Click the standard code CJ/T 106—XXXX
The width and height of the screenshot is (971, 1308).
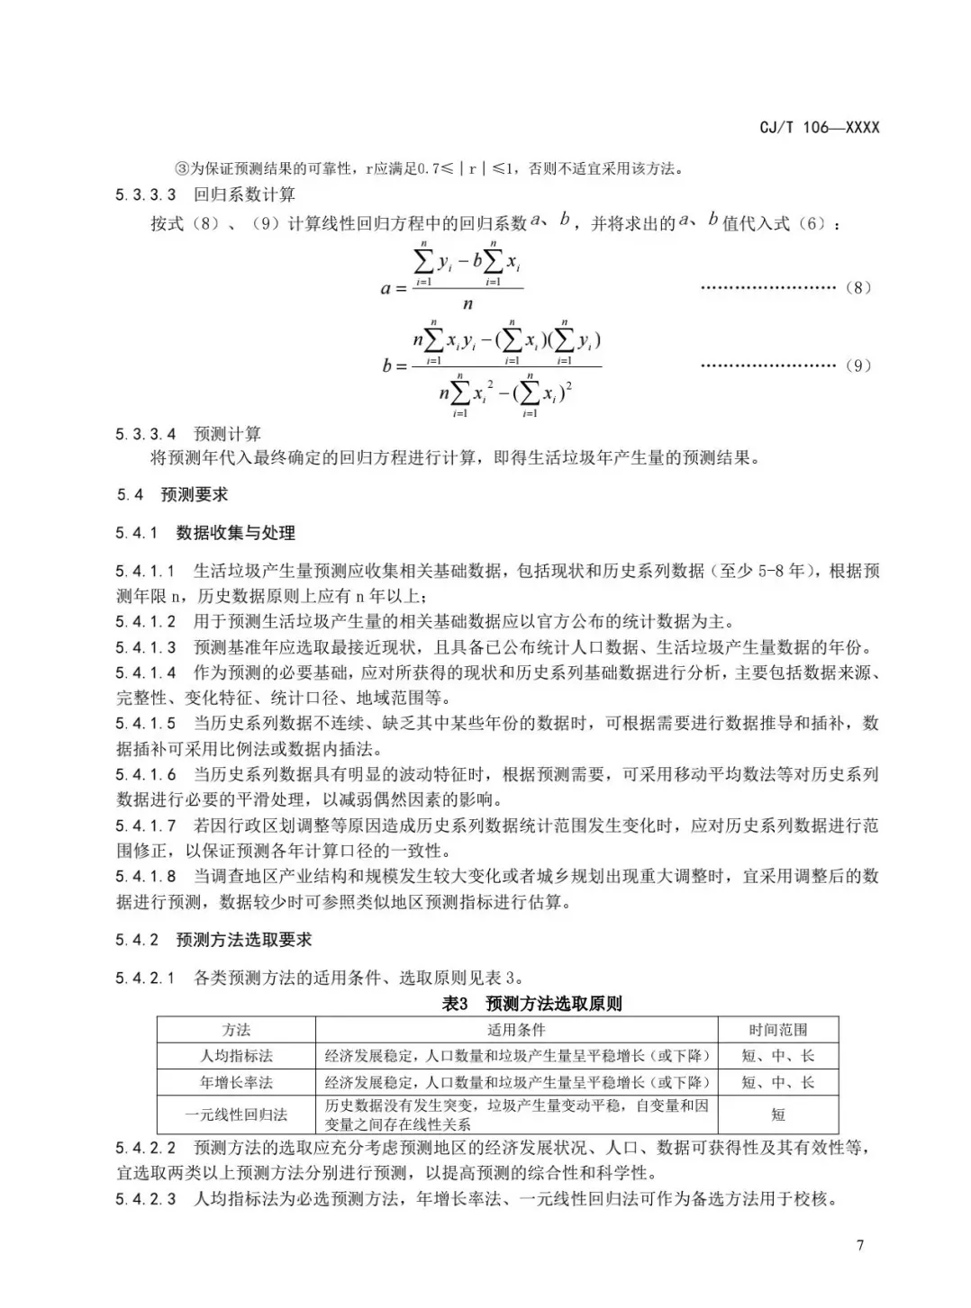819,127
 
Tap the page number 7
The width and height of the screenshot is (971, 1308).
860,1245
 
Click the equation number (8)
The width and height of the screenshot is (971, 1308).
858,288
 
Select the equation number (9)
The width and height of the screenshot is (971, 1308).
858,365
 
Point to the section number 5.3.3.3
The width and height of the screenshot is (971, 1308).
146,194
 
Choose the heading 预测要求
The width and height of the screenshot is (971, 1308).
194,494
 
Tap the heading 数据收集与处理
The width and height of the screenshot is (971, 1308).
235,533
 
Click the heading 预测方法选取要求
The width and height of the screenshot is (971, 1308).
243,940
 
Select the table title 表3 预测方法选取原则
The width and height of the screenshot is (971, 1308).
531,1004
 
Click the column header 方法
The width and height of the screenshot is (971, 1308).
236,1030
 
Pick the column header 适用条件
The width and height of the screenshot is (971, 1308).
516,1030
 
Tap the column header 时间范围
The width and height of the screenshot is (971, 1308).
777,1030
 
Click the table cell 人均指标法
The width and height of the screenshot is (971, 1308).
236,1056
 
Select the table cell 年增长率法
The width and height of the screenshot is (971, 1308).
236,1082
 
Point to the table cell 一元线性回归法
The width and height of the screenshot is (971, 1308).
236,1114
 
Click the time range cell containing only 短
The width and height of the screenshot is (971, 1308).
777,1114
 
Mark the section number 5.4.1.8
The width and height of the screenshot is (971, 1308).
146,876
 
